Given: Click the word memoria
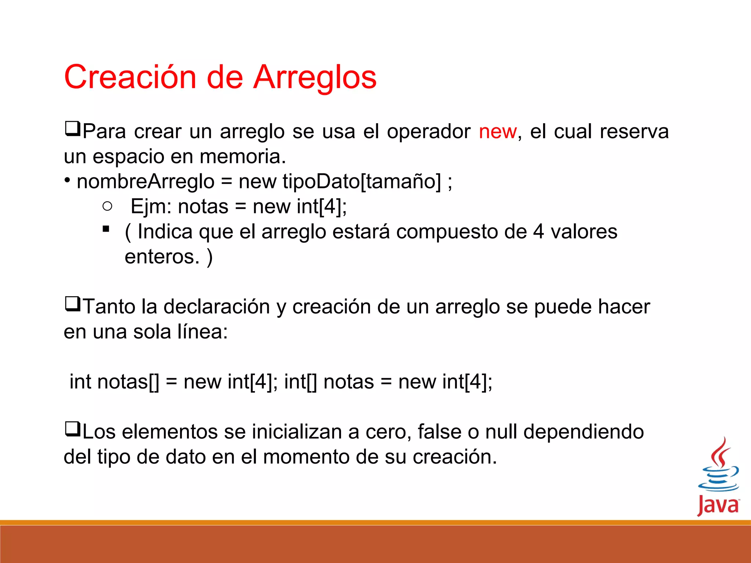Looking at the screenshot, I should coord(242,157).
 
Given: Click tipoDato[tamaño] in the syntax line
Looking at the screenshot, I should coord(362,182).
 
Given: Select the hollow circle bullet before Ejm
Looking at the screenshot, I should coord(107,206).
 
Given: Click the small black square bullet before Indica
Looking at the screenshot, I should coord(106,229).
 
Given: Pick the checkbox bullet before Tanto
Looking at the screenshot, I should coord(72,304).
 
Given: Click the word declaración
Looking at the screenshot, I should coord(216,307).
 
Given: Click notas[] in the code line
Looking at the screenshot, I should coord(128,382).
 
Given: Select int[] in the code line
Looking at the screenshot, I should coord(300,382).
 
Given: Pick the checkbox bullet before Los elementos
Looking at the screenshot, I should coord(72,429).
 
